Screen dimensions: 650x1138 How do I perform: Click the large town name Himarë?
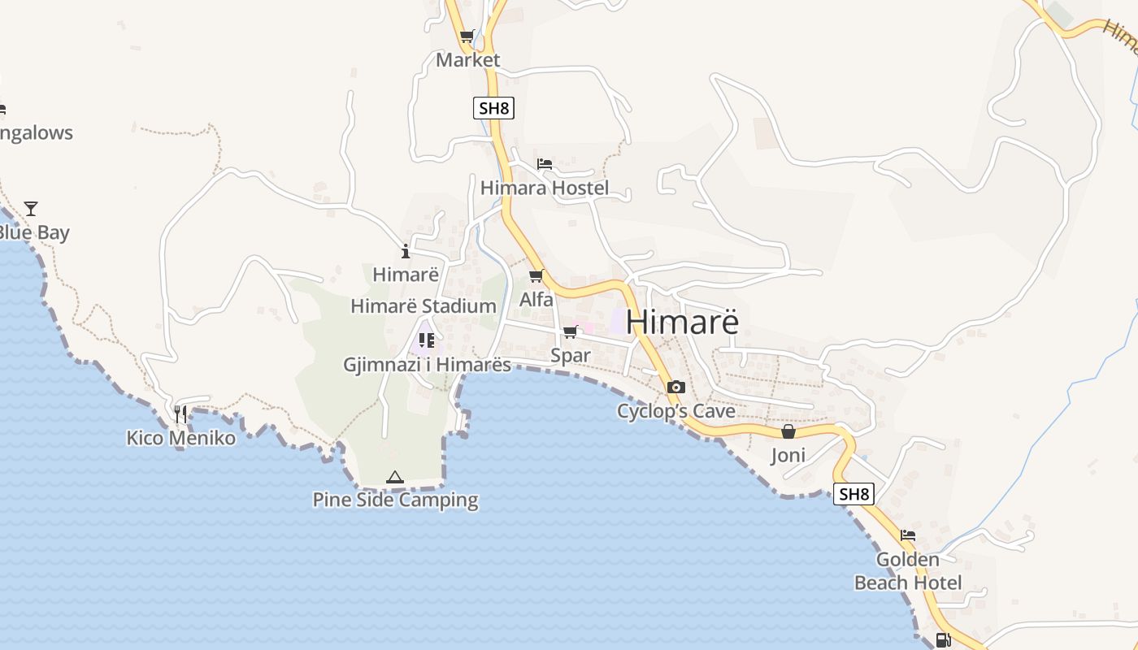(x=683, y=322)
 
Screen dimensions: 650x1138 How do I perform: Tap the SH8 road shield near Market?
(x=493, y=108)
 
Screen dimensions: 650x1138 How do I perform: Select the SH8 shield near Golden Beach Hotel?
(x=853, y=493)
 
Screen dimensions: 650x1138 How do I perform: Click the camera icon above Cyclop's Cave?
(x=675, y=388)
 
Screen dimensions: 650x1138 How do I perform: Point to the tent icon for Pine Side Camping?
(x=395, y=477)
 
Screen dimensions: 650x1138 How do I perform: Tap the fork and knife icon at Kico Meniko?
(x=180, y=414)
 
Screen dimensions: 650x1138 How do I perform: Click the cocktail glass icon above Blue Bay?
(x=31, y=209)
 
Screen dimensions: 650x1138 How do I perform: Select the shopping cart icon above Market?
(x=467, y=36)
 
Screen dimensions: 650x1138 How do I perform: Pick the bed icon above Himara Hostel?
(x=545, y=164)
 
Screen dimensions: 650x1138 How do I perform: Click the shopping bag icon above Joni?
(x=788, y=431)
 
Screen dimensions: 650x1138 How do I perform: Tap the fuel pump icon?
(x=943, y=640)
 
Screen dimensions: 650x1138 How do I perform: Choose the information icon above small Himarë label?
(x=406, y=252)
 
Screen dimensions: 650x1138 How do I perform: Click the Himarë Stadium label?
(x=423, y=306)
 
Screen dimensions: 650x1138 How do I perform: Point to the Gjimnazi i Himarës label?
(x=428, y=365)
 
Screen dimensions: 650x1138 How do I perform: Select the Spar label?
(x=571, y=356)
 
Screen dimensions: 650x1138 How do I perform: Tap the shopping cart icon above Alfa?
(x=536, y=276)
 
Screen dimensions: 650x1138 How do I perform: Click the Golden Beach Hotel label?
(x=908, y=571)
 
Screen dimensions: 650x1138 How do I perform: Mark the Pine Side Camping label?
(x=396, y=500)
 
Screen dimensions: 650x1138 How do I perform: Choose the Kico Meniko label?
(x=181, y=439)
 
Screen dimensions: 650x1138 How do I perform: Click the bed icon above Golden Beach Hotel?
(x=908, y=535)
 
